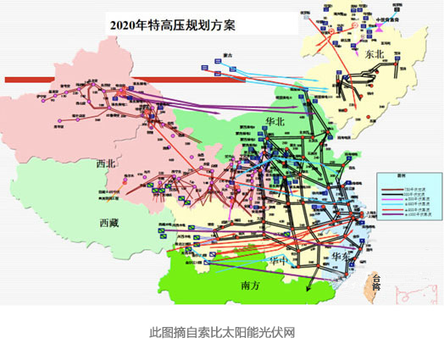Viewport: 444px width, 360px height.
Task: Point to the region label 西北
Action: point(107,163)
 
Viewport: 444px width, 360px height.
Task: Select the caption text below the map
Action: point(222,332)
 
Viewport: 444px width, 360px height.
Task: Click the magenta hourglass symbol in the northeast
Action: point(381,27)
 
